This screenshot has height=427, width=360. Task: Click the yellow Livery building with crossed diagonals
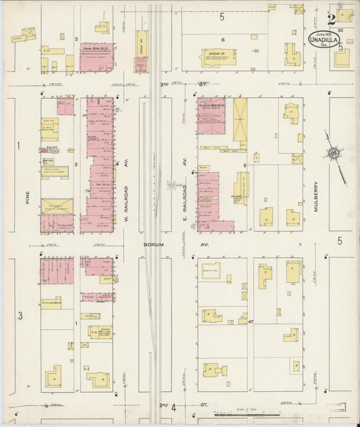click(240, 120)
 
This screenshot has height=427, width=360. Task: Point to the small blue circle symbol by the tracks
click(172, 184)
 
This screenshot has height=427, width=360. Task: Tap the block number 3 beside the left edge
click(20, 316)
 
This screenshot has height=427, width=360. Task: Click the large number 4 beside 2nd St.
click(174, 407)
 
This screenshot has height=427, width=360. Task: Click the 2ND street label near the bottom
click(163, 405)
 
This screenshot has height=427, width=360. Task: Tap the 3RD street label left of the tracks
click(163, 84)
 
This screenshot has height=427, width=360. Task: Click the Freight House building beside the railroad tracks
click(141, 51)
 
